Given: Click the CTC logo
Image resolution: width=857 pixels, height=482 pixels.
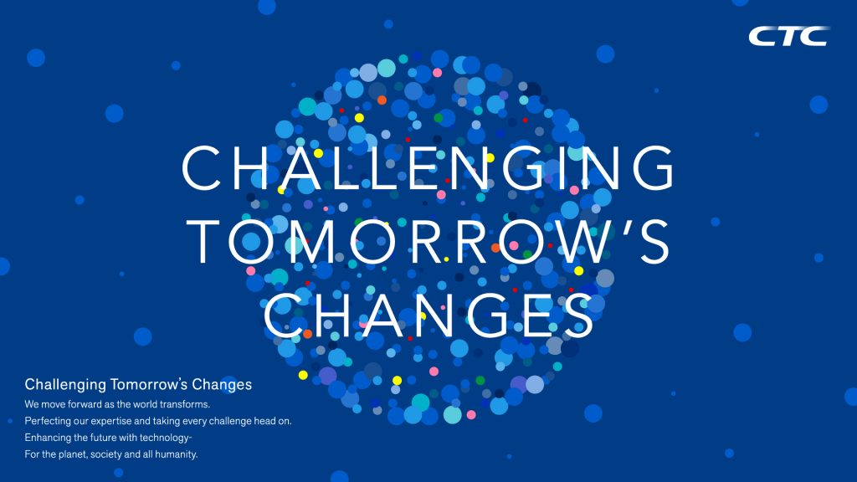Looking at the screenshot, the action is pos(788,36).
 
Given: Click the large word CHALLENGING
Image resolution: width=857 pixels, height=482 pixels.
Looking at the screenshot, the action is pos(428,167).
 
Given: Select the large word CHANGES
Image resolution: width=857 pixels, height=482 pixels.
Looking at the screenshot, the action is pos(428,315).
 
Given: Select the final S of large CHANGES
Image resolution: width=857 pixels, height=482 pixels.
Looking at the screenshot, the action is pos(577,315).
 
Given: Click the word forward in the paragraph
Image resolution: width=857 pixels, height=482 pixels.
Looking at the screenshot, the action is pos(82,404).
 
